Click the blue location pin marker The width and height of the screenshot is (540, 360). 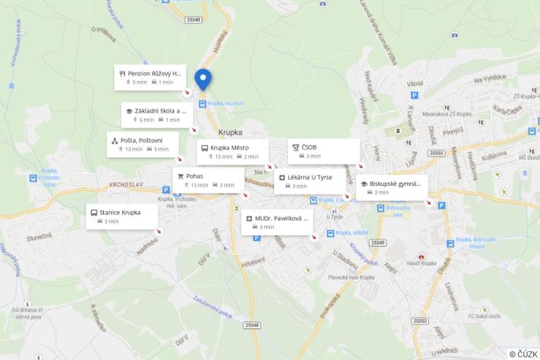203,79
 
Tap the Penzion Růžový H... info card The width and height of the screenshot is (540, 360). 150,76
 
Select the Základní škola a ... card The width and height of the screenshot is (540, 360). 157,115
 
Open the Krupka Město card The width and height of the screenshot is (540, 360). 232,152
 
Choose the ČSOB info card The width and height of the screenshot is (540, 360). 324,151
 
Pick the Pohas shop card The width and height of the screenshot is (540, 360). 208,180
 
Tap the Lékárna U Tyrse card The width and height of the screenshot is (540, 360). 309,181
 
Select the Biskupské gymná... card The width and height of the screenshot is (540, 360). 391,187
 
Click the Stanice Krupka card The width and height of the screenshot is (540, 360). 121,217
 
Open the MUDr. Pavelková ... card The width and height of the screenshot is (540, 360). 277,222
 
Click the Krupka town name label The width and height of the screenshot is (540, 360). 231,132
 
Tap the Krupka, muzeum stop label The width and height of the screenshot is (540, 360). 227,102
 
